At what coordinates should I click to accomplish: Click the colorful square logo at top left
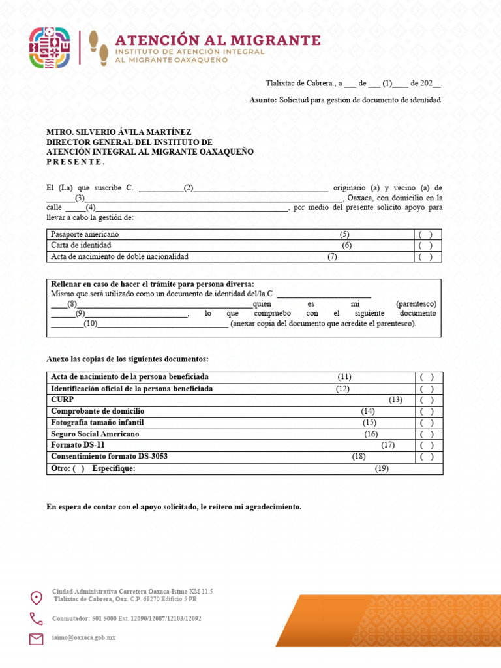[50, 48]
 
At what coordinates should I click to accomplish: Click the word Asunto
[262, 100]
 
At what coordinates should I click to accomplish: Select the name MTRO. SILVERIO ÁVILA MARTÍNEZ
[119, 132]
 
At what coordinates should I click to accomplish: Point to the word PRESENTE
[75, 161]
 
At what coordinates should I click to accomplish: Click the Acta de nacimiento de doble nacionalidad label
[119, 256]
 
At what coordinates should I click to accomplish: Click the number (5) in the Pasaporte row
[344, 234]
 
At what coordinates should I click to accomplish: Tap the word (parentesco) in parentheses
[416, 304]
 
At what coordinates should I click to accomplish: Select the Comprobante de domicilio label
[97, 411]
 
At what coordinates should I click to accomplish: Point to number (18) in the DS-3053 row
[359, 456]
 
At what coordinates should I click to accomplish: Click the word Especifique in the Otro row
[114, 468]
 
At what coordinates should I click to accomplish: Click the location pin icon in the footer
[37, 597]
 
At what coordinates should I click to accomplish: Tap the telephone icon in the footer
[37, 618]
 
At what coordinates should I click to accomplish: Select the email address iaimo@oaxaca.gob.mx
[83, 637]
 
